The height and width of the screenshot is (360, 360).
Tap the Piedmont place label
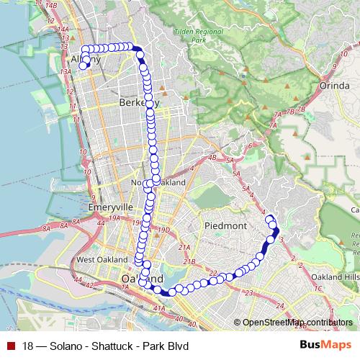click(226, 225)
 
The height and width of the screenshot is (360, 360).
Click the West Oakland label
click(96, 259)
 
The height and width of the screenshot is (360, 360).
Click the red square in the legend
click(9, 345)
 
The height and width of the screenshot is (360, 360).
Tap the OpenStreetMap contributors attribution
click(297, 322)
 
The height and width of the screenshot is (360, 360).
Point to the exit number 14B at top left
click(50, 6)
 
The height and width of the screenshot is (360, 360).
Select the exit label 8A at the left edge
click(45, 228)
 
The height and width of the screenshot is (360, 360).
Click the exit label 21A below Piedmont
click(184, 248)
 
